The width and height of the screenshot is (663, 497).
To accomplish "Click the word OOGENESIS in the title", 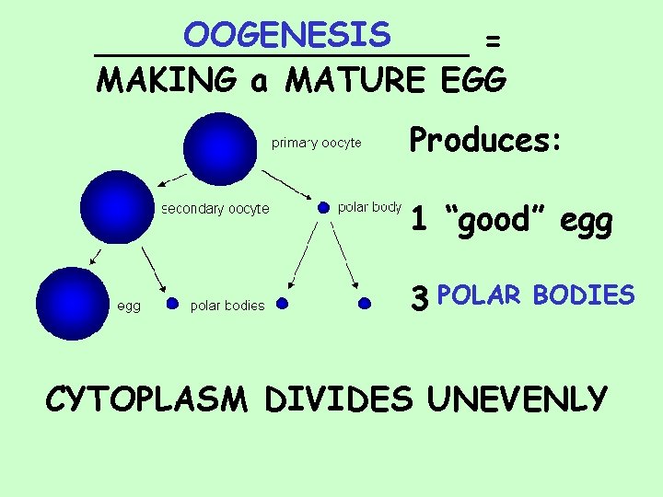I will [286, 35].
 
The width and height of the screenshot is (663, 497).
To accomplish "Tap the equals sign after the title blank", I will [494, 40].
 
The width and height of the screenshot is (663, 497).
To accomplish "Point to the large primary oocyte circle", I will [221, 148].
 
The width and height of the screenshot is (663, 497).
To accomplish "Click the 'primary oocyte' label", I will [316, 143].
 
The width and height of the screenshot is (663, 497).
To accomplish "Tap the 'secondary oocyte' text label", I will [215, 209].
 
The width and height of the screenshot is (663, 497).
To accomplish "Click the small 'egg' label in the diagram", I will [128, 306].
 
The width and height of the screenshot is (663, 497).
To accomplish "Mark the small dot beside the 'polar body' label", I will [323, 208].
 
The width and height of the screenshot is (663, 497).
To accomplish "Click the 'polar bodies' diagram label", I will [227, 306].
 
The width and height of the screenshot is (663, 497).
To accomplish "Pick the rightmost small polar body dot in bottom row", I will [365, 302].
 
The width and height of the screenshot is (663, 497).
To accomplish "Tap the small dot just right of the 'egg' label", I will [172, 302].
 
